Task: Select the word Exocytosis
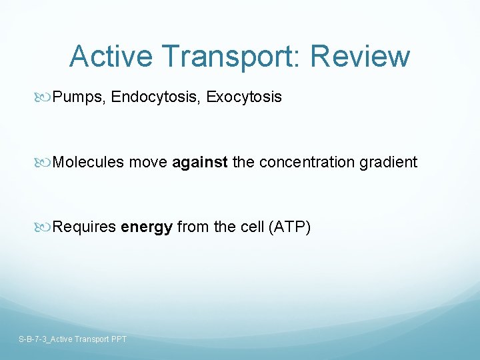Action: click(x=244, y=97)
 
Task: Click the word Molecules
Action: click(x=89, y=162)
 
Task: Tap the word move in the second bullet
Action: click(x=148, y=162)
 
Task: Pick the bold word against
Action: click(x=200, y=162)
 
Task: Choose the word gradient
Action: click(x=389, y=162)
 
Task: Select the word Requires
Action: click(x=85, y=227)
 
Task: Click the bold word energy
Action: click(x=147, y=227)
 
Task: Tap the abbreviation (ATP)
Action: click(x=289, y=227)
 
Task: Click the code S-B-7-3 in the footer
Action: click(x=33, y=339)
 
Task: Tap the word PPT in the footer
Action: click(x=118, y=339)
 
